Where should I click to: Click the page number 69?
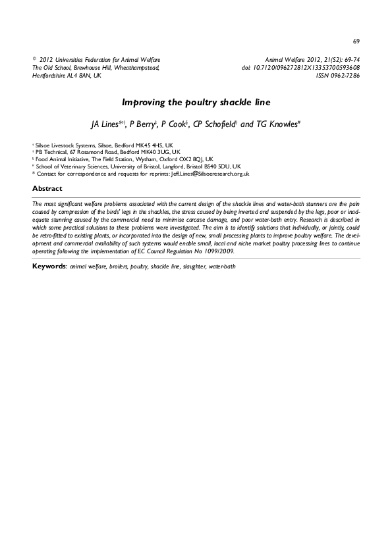pyautogui.click(x=356, y=41)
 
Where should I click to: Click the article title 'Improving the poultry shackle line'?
pyautogui.click(x=196, y=103)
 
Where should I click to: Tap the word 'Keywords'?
pyautogui.click(x=49, y=267)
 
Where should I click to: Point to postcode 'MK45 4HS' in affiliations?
pyautogui.click(x=148, y=143)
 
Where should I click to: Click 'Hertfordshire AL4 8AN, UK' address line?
pyautogui.click(x=67, y=76)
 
